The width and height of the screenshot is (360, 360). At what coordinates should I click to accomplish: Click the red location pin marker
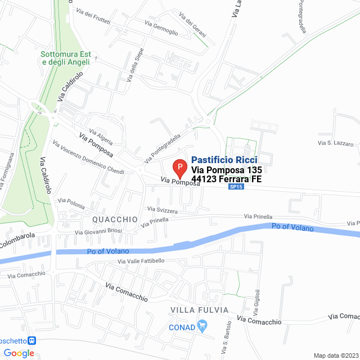click(x=179, y=168)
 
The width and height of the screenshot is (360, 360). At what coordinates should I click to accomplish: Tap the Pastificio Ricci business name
click(x=224, y=160)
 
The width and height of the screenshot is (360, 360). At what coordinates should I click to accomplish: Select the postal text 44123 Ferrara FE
click(x=227, y=179)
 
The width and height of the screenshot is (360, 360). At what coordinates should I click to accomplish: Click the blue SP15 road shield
click(x=236, y=187)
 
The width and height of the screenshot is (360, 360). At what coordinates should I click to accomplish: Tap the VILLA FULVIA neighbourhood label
click(x=200, y=310)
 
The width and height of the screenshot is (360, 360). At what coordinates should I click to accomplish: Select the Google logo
click(x=19, y=353)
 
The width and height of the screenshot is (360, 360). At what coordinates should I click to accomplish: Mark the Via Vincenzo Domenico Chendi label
click(x=88, y=157)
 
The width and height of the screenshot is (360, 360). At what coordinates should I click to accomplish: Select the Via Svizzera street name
click(x=163, y=210)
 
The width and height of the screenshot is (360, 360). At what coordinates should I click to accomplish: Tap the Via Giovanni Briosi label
click(x=98, y=231)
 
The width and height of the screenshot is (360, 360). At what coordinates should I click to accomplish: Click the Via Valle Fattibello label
click(x=141, y=261)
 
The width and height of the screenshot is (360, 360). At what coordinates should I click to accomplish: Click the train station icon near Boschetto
click(x=32, y=340)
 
